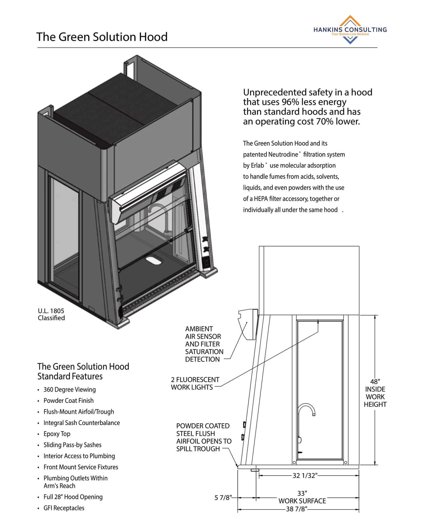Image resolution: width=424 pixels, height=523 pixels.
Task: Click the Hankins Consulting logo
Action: (350, 30)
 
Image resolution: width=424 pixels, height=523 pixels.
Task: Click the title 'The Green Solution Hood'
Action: (102, 37)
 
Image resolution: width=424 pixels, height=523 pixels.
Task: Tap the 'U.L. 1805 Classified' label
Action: (51, 314)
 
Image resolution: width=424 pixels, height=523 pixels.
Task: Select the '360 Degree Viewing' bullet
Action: (69, 389)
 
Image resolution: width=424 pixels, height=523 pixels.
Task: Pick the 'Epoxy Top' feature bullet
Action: (57, 434)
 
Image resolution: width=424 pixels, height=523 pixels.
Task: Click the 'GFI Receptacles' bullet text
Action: (64, 508)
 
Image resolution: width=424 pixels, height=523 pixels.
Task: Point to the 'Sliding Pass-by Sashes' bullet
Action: (72, 445)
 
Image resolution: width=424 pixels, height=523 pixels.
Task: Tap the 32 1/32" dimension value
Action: (305, 476)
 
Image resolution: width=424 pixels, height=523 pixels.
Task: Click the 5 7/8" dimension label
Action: (223, 498)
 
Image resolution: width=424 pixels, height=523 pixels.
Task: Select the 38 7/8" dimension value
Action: (297, 509)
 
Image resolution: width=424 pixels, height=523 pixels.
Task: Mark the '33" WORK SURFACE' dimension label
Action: (302, 497)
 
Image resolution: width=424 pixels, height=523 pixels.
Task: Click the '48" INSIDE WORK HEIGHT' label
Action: (375, 393)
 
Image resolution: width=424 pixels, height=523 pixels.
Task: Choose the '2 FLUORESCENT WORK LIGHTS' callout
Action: (195, 383)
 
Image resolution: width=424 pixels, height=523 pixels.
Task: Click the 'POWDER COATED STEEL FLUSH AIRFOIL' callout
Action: (203, 437)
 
